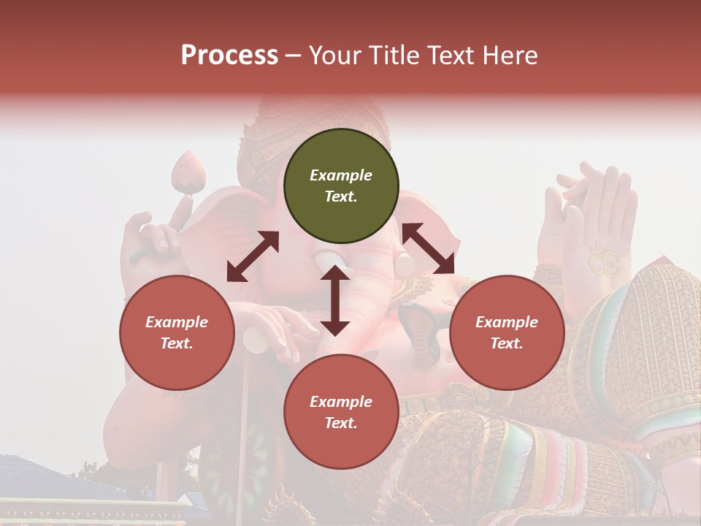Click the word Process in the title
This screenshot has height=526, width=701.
tap(229, 56)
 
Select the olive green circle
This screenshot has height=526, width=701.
tap(341, 186)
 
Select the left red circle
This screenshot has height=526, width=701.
tap(177, 332)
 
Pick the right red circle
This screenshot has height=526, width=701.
tap(507, 332)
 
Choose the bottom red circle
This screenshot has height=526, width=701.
tap(341, 412)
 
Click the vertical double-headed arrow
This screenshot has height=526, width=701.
tap(334, 300)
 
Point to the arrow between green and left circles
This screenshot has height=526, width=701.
tap(253, 256)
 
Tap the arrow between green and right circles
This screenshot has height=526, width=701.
tap(428, 248)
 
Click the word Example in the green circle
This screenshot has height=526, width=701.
tap(341, 175)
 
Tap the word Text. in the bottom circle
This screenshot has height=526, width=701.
tap(341, 423)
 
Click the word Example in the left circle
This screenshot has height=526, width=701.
tap(177, 322)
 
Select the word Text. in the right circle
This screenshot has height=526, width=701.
tap(507, 343)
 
